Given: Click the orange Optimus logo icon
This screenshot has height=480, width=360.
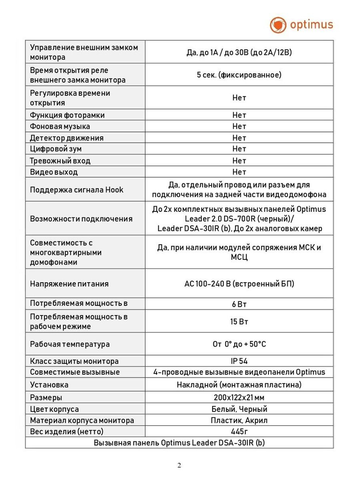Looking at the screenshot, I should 278,25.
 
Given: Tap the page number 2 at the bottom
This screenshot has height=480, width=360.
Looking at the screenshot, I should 179,465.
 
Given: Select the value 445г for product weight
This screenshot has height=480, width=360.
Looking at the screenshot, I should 239,431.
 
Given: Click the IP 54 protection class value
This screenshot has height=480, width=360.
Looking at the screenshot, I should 239,361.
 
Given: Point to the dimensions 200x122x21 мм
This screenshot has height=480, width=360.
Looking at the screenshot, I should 239,398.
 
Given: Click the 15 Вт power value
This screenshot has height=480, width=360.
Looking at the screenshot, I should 239,322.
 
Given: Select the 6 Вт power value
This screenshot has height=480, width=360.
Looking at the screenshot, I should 239,304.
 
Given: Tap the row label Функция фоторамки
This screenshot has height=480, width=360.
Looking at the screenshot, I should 67,115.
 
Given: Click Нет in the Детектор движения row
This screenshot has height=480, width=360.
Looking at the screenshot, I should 239,138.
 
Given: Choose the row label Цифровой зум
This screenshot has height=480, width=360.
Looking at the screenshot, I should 56,149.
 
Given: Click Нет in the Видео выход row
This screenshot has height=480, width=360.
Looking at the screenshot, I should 239,172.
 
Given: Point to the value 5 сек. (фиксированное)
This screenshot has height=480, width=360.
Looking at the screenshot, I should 239,75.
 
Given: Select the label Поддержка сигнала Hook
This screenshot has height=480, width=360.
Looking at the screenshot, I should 77,190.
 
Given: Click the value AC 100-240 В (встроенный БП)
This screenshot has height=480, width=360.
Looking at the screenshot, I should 239,284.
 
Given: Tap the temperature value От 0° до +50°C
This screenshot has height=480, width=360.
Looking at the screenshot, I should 239,344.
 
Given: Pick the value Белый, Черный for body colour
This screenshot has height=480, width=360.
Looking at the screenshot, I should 239,409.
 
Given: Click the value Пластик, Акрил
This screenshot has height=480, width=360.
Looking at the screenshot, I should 239,420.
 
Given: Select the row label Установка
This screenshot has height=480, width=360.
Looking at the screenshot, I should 49,385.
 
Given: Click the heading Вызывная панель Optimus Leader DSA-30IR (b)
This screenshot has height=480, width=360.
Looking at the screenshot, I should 179,443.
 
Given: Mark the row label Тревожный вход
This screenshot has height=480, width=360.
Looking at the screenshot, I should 60,161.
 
